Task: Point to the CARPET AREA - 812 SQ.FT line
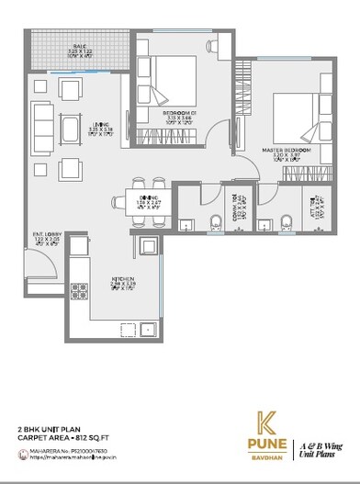[x=63, y=438]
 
